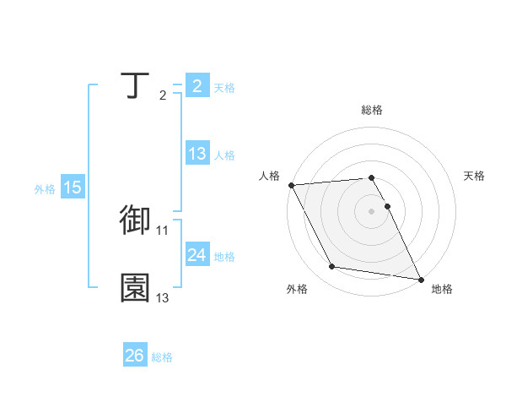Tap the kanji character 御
pyautogui.click(x=135, y=220)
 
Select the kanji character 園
pyautogui.click(x=135, y=288)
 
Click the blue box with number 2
pyautogui.click(x=196, y=86)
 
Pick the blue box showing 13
pyautogui.click(x=196, y=154)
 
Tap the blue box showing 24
pyautogui.click(x=196, y=255)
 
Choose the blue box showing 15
pyautogui.click(x=73, y=188)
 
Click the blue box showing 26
pyautogui.click(x=134, y=356)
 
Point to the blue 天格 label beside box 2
pyautogui.click(x=224, y=88)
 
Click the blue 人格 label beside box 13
pyautogui.click(x=224, y=155)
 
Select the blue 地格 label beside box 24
pyautogui.click(x=224, y=257)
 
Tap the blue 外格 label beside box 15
pyautogui.click(x=45, y=189)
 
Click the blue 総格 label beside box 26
pyautogui.click(x=162, y=357)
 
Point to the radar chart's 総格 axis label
pyautogui.click(x=372, y=110)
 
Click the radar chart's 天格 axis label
pyautogui.click(x=475, y=176)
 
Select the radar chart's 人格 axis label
pyautogui.click(x=269, y=176)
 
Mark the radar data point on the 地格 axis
pyautogui.click(x=420, y=279)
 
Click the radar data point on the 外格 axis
pyautogui.click(x=332, y=267)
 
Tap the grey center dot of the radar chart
pyautogui.click(x=372, y=211)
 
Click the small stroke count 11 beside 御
pyautogui.click(x=163, y=230)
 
